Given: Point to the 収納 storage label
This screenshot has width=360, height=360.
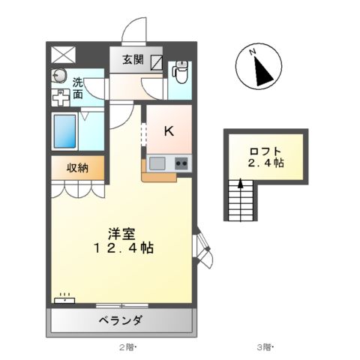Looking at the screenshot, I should pyautogui.click(x=77, y=168).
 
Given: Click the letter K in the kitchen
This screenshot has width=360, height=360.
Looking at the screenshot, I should pyautogui.click(x=169, y=130).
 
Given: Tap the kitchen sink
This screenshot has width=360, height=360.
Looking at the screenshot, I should pyautogui.click(x=157, y=163).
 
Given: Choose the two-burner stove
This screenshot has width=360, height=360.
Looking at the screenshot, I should pyautogui.click(x=181, y=163).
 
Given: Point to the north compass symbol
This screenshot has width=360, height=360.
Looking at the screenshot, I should pyautogui.click(x=259, y=68).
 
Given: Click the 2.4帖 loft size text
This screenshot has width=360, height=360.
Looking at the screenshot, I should pyautogui.click(x=267, y=162).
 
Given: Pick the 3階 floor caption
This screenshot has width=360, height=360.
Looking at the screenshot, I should pyautogui.click(x=265, y=347).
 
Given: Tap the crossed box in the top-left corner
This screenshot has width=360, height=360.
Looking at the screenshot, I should pyautogui.click(x=63, y=54).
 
